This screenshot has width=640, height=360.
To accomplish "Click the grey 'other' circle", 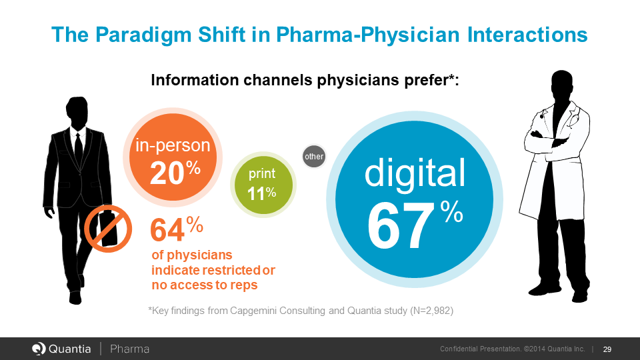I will tap(314, 157).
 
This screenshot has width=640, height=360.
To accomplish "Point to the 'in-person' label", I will tap(173, 145).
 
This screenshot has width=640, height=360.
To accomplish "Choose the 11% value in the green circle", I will tap(261, 194).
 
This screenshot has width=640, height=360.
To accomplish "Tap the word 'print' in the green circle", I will tap(262, 175).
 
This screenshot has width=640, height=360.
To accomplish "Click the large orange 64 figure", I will tap(167, 231).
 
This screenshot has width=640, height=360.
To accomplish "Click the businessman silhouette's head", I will tap(77, 113).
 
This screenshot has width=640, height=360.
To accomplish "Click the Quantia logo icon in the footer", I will tap(39, 349).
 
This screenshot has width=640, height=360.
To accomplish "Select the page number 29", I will tap(607, 349).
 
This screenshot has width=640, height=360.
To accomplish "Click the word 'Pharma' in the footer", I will tap(129, 349).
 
